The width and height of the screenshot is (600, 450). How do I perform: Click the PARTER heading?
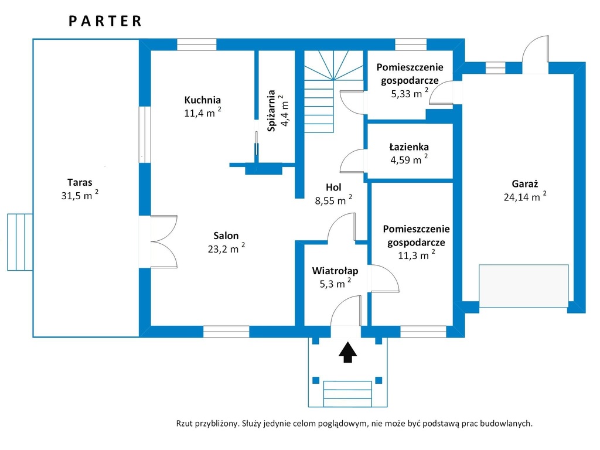coord(105,21)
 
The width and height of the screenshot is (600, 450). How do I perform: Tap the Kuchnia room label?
coord(202,100)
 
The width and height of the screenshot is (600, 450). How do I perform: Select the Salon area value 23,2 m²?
coord(226,248)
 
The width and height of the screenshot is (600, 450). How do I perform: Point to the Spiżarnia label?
coord(271,111)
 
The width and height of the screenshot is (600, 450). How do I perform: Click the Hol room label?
coord(333,187)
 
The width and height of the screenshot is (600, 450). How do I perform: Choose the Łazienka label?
coord(408,146)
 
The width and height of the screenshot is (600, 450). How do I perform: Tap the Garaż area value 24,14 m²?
coord(524,196)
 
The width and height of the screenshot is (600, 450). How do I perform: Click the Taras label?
coord(80,182)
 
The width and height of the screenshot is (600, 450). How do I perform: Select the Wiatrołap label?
coord(335,271)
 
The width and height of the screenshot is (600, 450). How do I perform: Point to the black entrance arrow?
coord(347,352)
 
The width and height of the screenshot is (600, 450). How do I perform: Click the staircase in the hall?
coord(333,92)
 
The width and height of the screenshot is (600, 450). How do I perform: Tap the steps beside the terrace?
coord(20,242)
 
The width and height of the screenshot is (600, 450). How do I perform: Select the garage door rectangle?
coord(524,286)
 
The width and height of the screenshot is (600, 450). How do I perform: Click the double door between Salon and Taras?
coord(164,241)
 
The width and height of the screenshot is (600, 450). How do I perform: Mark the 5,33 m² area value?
coord(409,93)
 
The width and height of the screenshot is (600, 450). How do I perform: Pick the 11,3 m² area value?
coord(416,255)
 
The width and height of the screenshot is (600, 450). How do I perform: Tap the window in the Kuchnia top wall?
coord(197,45)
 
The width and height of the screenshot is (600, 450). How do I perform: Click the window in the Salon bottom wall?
coord(226,332)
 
